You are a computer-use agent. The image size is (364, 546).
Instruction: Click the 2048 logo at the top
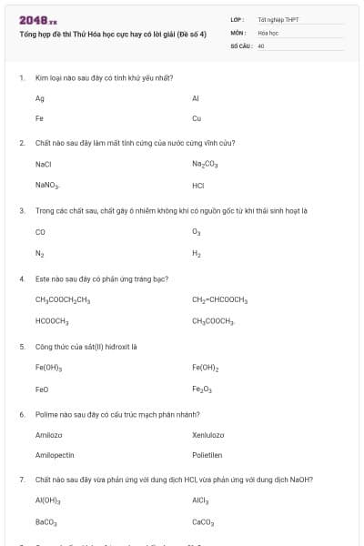[x=37, y=19]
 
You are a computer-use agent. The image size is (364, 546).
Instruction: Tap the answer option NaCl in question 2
[x=43, y=164]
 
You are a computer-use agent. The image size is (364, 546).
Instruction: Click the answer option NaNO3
[x=46, y=186]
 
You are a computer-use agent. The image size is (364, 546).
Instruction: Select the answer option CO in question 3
[x=40, y=231]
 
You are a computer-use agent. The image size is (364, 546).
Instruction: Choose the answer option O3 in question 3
[x=197, y=232]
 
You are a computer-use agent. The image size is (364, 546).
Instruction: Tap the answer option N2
[x=39, y=253]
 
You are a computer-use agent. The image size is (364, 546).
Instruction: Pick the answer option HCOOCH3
[x=52, y=321]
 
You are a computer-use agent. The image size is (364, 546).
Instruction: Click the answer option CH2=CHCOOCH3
[x=219, y=299]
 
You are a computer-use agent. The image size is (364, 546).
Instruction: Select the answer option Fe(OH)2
[x=206, y=367]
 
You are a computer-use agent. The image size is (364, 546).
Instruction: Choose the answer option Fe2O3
[x=202, y=389]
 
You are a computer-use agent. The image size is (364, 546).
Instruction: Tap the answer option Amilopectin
[x=54, y=456]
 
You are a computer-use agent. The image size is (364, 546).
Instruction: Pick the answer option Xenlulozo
[x=207, y=434]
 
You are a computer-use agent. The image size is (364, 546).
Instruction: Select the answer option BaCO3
[x=46, y=523]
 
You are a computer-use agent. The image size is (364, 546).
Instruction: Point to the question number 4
[x=22, y=278]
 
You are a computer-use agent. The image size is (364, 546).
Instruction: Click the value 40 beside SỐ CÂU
[x=261, y=44]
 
